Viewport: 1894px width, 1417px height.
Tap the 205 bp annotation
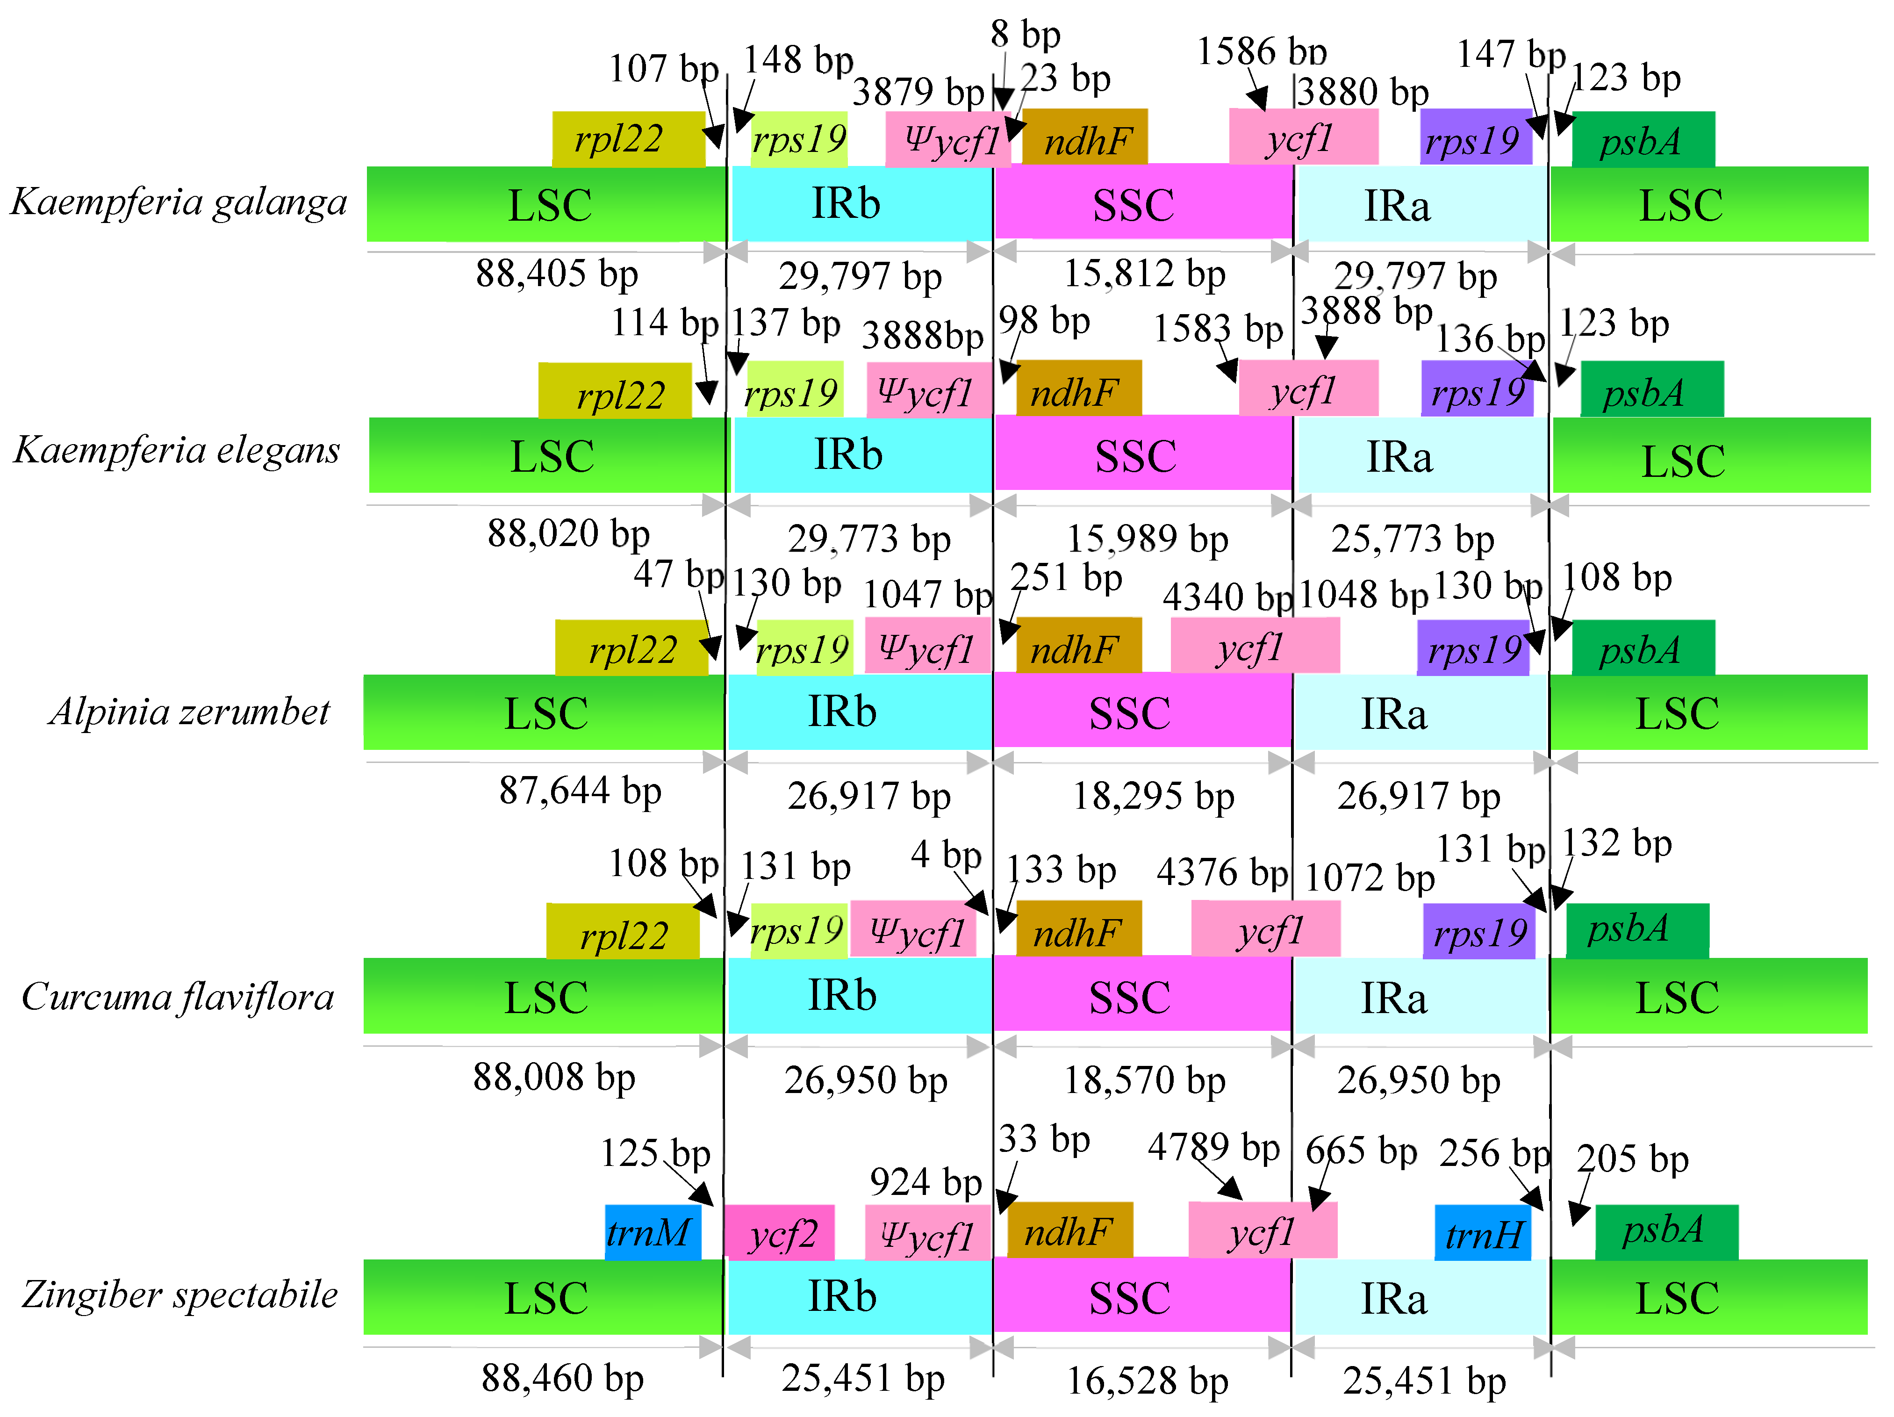(x=1632, y=1159)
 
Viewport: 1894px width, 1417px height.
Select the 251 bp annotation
(x=1066, y=578)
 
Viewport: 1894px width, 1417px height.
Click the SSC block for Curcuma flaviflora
(x=1130, y=996)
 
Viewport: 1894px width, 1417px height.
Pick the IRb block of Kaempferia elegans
(x=848, y=454)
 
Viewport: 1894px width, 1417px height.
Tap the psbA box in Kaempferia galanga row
(x=1642, y=140)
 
